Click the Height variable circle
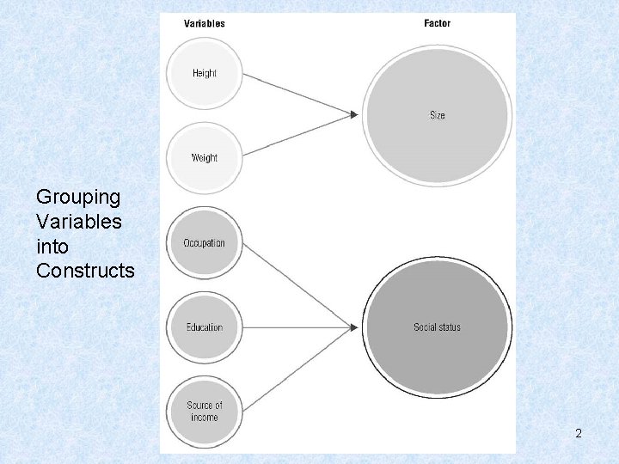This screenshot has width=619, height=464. pyautogui.click(x=205, y=74)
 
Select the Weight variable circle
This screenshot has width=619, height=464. pyautogui.click(x=205, y=158)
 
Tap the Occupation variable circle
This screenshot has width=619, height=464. pyautogui.click(x=204, y=243)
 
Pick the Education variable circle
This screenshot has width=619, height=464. pyautogui.click(x=204, y=327)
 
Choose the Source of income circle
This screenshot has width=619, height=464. pyautogui.click(x=204, y=411)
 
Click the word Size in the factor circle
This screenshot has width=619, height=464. pyautogui.click(x=438, y=115)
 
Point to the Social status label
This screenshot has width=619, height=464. pyautogui.click(x=437, y=327)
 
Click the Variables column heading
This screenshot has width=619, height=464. pyautogui.click(x=205, y=23)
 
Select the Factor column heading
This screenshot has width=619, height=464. pyautogui.click(x=437, y=23)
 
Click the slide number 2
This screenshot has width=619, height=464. pyautogui.click(x=579, y=434)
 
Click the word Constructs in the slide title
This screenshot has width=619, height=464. pyautogui.click(x=85, y=271)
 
